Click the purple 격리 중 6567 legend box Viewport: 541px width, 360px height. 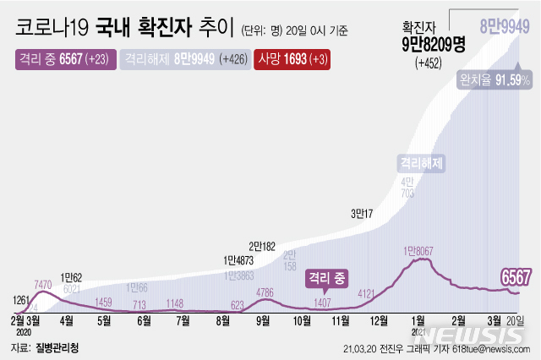(x=63, y=60)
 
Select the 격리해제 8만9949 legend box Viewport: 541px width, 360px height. (x=181, y=60)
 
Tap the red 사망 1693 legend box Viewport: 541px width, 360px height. (x=292, y=60)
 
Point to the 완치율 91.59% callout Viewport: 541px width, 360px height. (x=495, y=79)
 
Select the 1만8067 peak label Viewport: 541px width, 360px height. (x=423, y=250)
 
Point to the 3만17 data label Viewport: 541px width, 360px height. (x=362, y=214)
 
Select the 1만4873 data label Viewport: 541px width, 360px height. (x=239, y=260)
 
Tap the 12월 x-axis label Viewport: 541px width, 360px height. (x=379, y=321)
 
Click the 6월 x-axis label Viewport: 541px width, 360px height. (x=144, y=321)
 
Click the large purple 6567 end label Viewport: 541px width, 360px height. (x=515, y=276)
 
